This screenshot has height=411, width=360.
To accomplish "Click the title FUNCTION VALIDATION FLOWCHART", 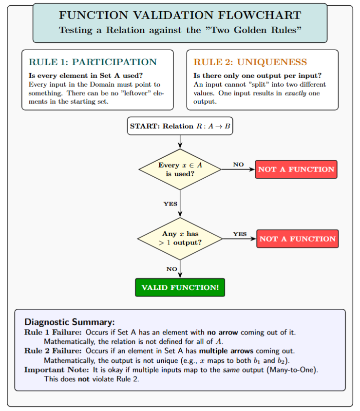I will click(x=180, y=15).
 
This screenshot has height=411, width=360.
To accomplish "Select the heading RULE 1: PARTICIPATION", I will click(x=93, y=62).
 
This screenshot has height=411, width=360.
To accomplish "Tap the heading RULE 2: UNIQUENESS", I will click(x=250, y=62).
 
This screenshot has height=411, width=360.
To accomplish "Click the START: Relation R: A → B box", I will click(x=180, y=126).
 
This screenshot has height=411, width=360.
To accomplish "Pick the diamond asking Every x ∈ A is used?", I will click(x=180, y=169).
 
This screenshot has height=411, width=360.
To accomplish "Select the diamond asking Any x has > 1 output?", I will click(x=180, y=239).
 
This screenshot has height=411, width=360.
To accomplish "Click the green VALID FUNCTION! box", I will click(x=180, y=287).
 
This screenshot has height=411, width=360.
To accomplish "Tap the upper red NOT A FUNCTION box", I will click(x=296, y=169).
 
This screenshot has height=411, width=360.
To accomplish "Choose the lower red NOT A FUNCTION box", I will click(x=297, y=239).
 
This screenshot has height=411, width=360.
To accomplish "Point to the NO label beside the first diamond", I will click(x=238, y=165).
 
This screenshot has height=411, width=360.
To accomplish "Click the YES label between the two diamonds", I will click(x=170, y=204).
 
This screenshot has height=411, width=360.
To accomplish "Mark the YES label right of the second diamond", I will click(x=240, y=234).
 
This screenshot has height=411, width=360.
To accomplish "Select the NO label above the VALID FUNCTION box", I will click(x=171, y=269).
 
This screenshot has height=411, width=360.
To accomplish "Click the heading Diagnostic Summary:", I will click(x=69, y=322).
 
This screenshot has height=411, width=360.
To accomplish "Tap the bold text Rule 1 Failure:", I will click(x=54, y=332).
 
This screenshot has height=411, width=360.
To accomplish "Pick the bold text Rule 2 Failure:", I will click(x=54, y=351).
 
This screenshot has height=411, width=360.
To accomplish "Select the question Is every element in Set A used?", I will click(x=86, y=76).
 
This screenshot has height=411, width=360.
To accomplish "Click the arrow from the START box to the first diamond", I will click(x=180, y=142).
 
